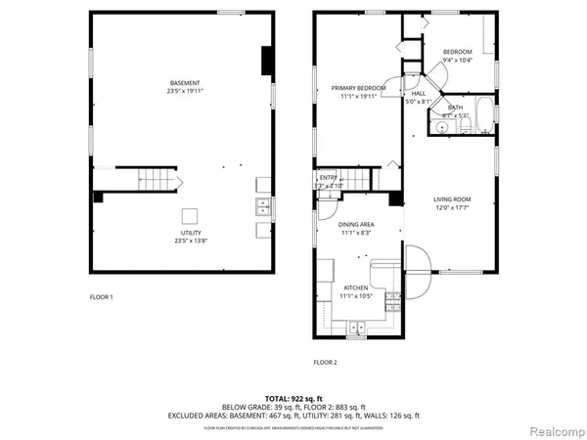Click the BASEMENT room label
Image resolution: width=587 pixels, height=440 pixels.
click(x=185, y=82)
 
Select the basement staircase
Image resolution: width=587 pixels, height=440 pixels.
click(x=157, y=179)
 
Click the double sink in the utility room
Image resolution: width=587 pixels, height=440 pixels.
click(x=263, y=206)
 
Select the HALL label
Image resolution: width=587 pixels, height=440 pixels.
click(x=417, y=93)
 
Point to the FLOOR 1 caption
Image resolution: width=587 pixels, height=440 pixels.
click(x=99, y=295)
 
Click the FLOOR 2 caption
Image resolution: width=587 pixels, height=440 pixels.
click(x=325, y=362)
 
